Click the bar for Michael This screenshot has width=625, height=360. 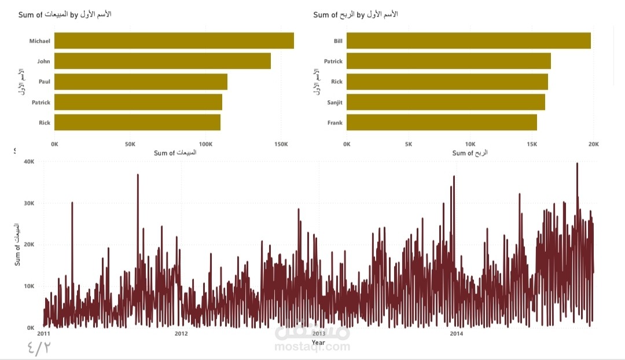[174, 41]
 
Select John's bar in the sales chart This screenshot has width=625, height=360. [162, 61]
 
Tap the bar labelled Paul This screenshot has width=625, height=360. [141, 82]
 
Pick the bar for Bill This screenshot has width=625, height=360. [468, 41]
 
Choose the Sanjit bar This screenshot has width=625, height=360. [446, 102]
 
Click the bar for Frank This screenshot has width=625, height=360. [442, 123]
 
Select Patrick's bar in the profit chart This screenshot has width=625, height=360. [448, 61]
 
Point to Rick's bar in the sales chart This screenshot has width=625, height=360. [137, 123]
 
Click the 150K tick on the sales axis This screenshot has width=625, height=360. [280, 144]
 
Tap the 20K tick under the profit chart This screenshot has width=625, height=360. [593, 144]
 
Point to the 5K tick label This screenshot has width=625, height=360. [408, 144]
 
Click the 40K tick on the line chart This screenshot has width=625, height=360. [29, 162]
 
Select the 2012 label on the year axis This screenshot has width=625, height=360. [181, 333]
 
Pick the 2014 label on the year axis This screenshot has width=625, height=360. [456, 333]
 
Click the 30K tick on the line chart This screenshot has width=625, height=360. [29, 204]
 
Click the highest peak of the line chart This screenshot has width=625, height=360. [577, 164]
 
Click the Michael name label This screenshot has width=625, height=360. [40, 41]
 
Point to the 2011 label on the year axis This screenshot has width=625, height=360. [43, 333]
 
